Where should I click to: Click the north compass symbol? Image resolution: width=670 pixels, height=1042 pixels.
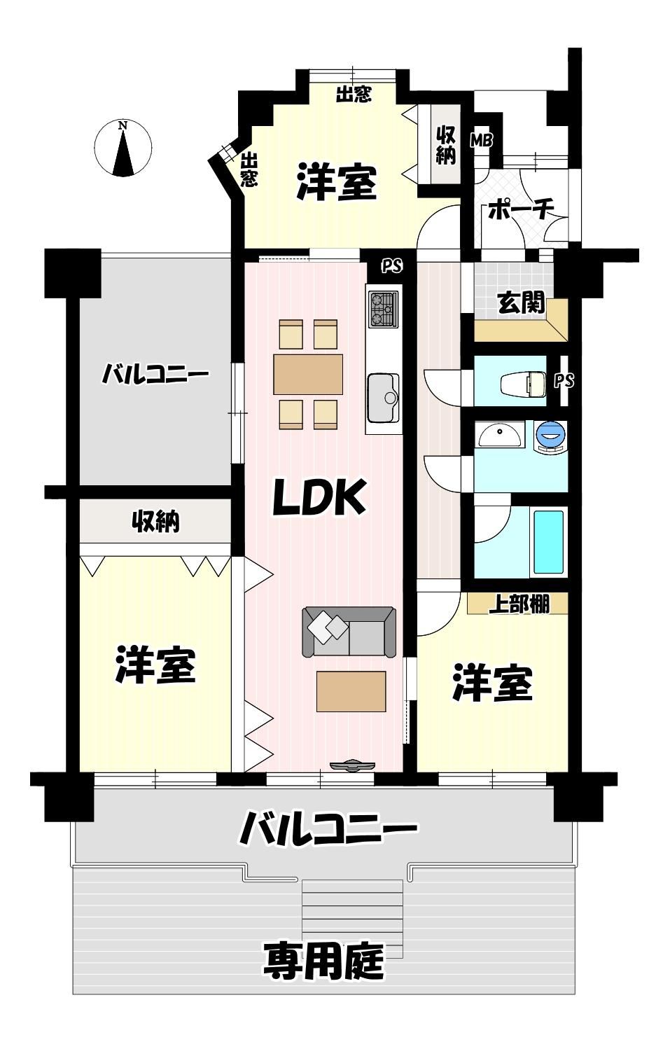(123, 148)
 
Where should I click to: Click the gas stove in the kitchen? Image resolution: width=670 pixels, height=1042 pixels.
(383, 308)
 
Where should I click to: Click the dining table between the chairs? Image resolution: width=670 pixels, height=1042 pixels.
(308, 374)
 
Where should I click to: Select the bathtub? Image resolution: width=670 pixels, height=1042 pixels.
(549, 542)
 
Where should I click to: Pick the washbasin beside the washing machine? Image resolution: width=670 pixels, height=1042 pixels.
(499, 434)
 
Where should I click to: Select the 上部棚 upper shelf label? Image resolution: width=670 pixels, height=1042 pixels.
(519, 604)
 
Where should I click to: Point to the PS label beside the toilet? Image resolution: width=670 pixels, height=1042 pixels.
(564, 381)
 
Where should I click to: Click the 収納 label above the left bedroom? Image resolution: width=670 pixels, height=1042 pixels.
(156, 522)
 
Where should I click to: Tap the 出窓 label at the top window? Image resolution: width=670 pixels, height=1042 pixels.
(354, 95)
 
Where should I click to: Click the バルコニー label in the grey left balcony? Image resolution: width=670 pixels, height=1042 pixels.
(155, 375)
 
